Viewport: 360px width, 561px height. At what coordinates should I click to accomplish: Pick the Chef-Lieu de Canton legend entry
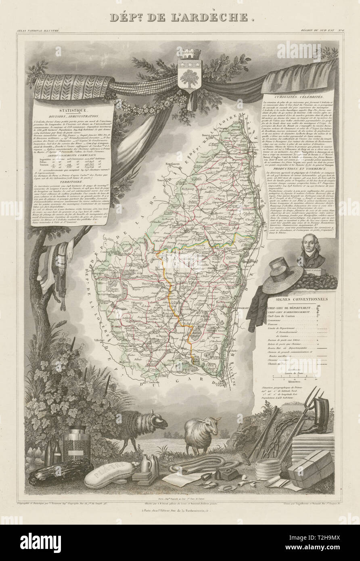(283, 316)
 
